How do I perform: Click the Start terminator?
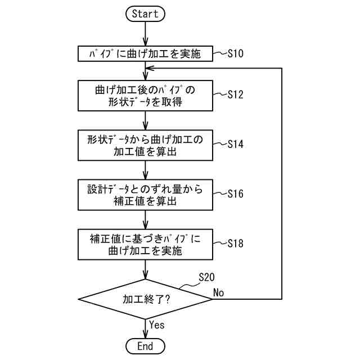coord(145,14)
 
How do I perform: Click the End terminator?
coord(145,345)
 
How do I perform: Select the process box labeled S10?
coord(145,53)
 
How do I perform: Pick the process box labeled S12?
coord(145,96)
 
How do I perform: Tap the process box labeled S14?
coord(145,145)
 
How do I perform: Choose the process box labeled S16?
coord(145,194)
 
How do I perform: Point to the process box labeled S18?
coord(145,244)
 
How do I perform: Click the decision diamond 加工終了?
coord(145,299)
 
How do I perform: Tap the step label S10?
coord(235,53)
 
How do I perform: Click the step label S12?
coord(235,94)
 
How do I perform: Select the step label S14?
coord(235,144)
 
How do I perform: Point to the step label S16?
coord(235,193)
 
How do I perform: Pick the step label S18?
coord(235,243)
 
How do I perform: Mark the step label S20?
coord(206,277)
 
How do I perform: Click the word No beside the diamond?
coord(219,292)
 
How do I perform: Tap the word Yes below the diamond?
coord(157,324)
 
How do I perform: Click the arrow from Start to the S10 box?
coord(145,34)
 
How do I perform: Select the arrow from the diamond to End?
coord(145,328)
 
